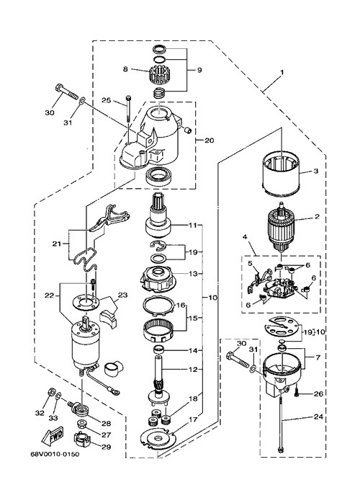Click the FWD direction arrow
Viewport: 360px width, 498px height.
tap(53, 437)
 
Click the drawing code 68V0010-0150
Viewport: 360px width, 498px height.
tap(55, 454)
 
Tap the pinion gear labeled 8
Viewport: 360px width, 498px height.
tap(158, 75)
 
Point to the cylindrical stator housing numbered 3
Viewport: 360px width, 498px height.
tap(281, 173)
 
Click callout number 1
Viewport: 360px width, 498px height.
tap(282, 72)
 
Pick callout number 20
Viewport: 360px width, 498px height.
tap(209, 140)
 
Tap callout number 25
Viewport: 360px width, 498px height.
tap(107, 100)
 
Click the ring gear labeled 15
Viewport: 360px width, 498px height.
tap(159, 332)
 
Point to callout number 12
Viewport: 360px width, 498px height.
tap(192, 370)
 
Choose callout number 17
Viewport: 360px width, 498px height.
tap(194, 419)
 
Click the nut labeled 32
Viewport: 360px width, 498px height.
tap(50, 392)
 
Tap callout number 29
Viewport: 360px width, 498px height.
tap(106, 447)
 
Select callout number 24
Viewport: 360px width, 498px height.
tap(318, 417)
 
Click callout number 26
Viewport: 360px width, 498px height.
tap(318, 394)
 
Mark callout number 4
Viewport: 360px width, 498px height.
tap(246, 236)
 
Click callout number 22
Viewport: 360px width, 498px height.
tap(50, 295)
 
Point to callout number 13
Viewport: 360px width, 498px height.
tap(192, 273)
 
